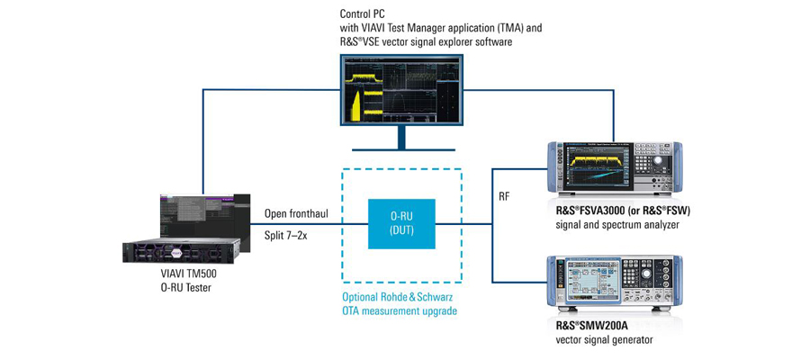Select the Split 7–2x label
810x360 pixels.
(x=289, y=235)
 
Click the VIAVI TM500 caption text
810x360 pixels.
(x=193, y=274)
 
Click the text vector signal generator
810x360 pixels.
(x=605, y=339)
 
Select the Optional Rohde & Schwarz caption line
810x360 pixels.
(x=400, y=297)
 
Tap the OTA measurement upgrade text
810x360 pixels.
(x=400, y=311)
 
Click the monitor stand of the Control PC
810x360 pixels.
(x=401, y=139)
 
